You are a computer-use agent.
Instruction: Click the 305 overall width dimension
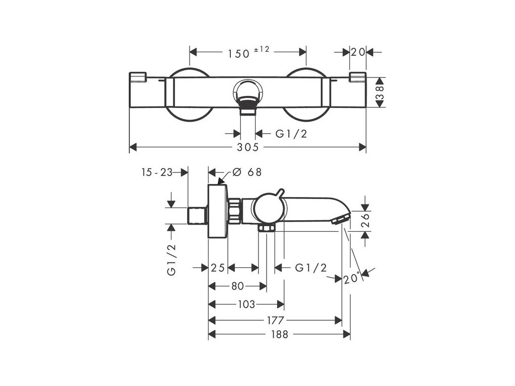click(x=248, y=147)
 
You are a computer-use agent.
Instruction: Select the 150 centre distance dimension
click(x=239, y=53)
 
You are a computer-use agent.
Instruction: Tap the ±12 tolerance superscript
click(x=262, y=49)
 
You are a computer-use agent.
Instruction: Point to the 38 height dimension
click(x=380, y=92)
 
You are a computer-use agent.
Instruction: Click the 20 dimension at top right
click(x=358, y=52)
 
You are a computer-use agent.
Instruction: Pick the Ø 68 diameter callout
click(x=247, y=172)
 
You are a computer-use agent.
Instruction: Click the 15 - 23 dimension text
click(x=157, y=172)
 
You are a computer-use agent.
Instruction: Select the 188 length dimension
click(x=280, y=334)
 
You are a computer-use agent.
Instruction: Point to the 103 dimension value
click(x=246, y=304)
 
